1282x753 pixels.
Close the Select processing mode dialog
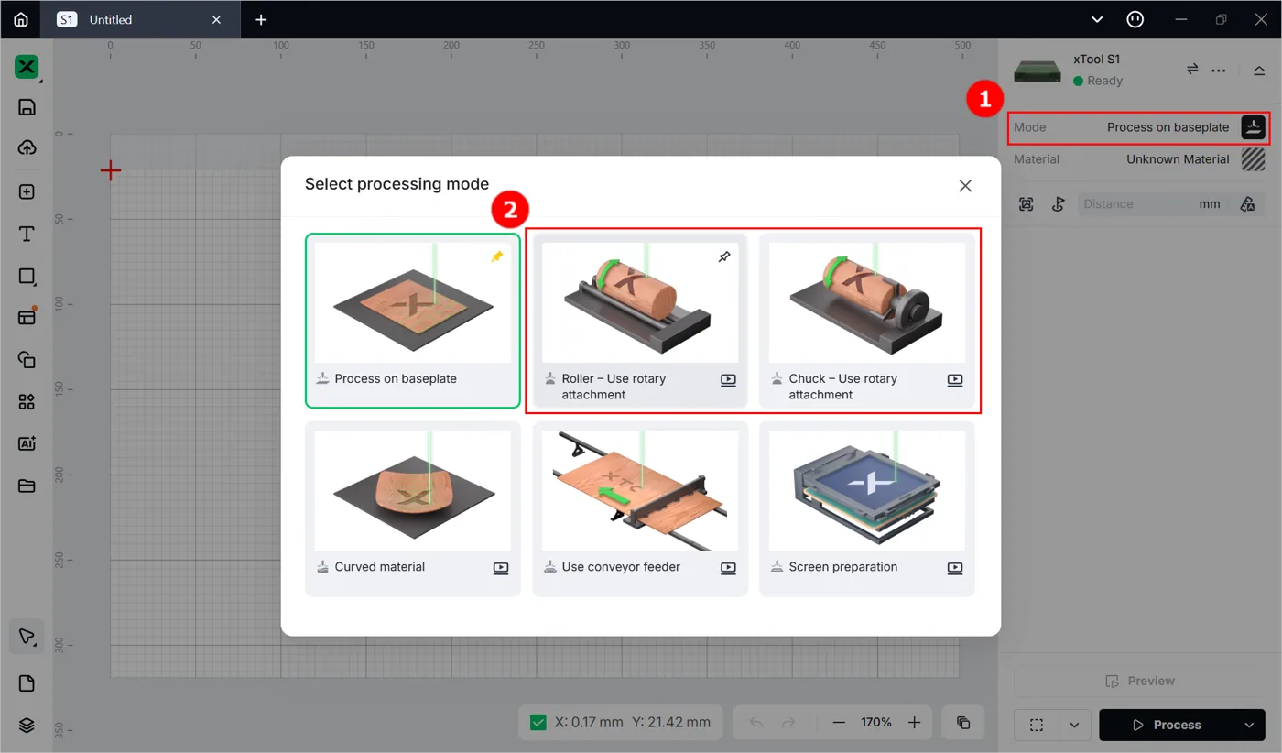(965, 186)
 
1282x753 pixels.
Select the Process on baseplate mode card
(413, 321)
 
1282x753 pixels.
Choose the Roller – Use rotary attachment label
(614, 387)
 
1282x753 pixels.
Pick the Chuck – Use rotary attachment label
(842, 387)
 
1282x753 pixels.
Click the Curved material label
(379, 567)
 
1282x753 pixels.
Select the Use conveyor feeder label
(621, 567)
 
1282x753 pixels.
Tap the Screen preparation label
(843, 567)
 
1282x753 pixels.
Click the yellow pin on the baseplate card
(496, 256)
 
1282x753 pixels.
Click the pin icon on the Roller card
(724, 256)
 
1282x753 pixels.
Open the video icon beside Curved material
(501, 567)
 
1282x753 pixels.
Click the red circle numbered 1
(984, 99)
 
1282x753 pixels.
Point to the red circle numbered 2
(510, 209)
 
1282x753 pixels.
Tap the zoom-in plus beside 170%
(914, 723)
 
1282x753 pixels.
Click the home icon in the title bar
(20, 19)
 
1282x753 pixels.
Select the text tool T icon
(27, 234)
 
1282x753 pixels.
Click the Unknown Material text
(1178, 159)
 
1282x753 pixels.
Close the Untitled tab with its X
(216, 19)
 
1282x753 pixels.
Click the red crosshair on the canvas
(111, 170)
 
